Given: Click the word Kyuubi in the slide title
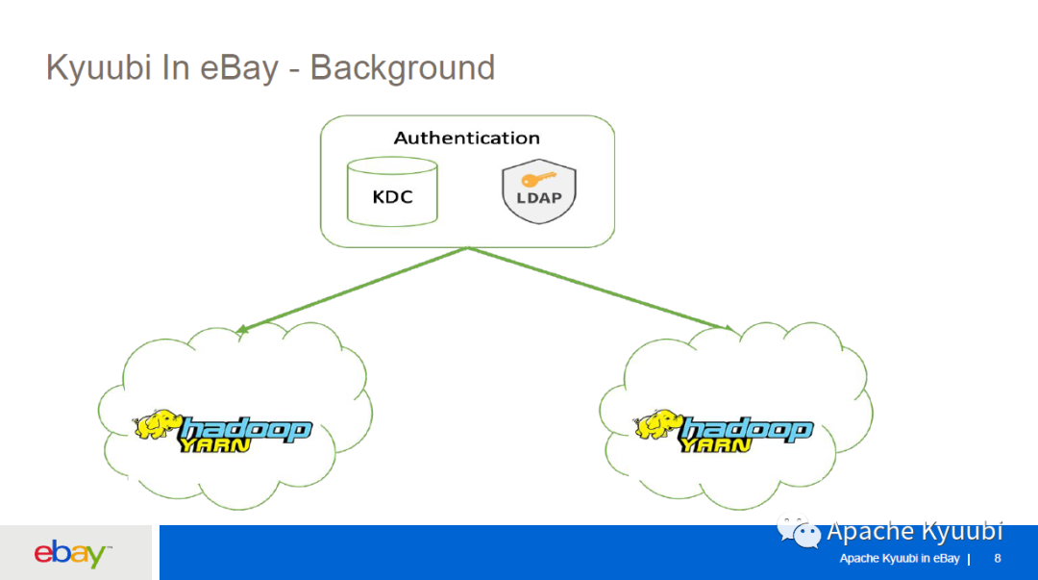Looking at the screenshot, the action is coord(99,68).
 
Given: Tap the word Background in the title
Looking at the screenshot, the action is coord(403,68).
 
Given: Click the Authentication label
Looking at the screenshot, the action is coord(467,138).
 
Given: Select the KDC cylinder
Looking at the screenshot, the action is coord(392,191).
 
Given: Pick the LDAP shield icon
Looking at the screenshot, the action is coord(539,190).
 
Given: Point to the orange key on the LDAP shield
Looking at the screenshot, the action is coord(538,179).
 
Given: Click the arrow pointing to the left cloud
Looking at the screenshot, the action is coord(352,290).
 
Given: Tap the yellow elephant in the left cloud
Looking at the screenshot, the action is coord(159,425).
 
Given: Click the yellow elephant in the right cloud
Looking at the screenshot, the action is coord(658,425).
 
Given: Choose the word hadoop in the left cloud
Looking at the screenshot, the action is coord(246,429).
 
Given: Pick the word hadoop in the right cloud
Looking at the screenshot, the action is coord(747,429).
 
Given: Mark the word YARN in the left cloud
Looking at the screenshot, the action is coord(214,444).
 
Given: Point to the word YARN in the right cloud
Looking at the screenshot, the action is coord(716,444).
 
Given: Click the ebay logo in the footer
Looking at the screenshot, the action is coord(72,553).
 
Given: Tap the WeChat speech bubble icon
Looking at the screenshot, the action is coord(799,532).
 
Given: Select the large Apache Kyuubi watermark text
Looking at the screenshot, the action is coord(915,532).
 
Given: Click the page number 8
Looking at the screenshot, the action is coord(998,559).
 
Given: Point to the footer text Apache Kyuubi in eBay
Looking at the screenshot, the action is coord(900,559).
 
